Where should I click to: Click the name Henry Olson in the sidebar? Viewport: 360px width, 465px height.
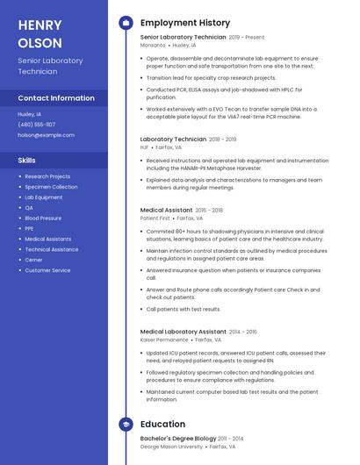(x=40, y=33)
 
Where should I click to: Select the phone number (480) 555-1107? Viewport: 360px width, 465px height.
(x=36, y=125)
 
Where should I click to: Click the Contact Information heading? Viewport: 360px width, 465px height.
(x=56, y=98)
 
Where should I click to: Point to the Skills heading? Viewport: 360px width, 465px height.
(x=27, y=161)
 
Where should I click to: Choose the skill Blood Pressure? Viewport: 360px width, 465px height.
(x=43, y=218)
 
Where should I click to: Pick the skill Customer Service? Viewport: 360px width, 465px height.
(x=47, y=270)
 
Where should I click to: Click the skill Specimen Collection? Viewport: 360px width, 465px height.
(x=51, y=187)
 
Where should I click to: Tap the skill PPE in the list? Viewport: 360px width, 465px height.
(x=30, y=229)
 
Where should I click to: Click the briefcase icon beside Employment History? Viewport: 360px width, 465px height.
(x=126, y=23)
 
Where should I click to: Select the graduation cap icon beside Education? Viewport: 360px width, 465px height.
(x=126, y=425)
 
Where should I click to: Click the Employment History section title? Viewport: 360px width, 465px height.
(x=185, y=23)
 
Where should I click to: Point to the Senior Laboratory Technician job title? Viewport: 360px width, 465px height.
(x=183, y=38)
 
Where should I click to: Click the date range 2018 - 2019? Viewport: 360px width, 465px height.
(x=223, y=139)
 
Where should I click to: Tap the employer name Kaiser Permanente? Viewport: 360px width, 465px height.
(x=164, y=340)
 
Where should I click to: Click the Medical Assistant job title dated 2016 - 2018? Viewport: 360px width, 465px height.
(x=166, y=211)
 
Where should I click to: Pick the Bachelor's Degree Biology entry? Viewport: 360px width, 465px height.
(x=178, y=438)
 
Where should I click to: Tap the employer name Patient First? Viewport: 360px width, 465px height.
(x=155, y=218)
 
